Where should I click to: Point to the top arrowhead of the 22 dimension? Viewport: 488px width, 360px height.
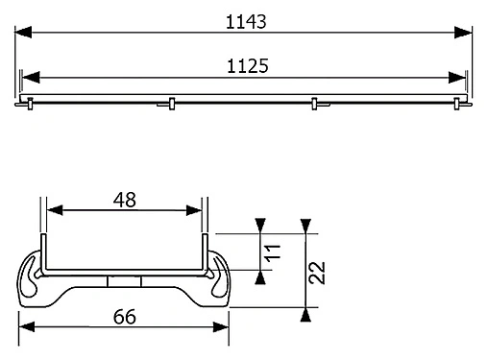tap(305, 227)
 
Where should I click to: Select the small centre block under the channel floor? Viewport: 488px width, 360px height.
tap(124, 280)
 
